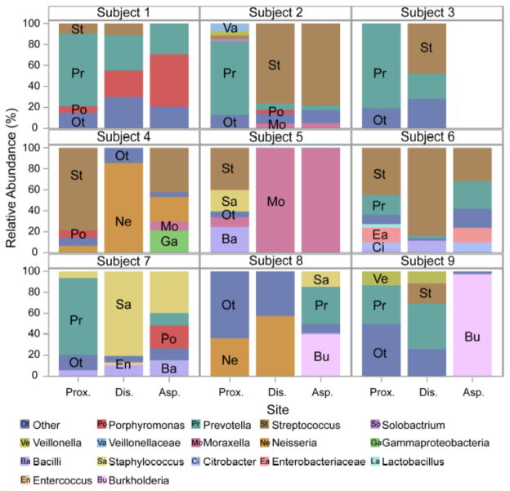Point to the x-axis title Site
[275, 406]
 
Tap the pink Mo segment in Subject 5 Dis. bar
[275, 200]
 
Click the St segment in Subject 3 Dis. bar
[427, 48]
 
